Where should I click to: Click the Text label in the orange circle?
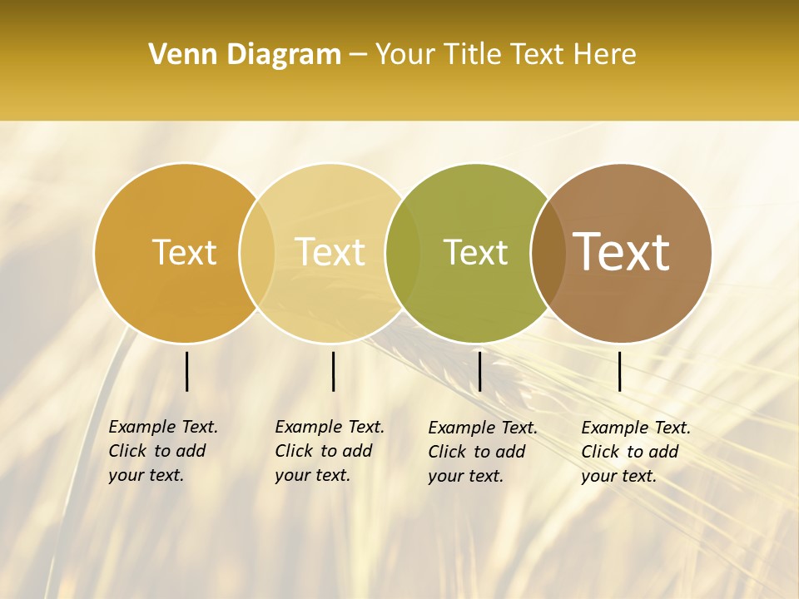coord(184,252)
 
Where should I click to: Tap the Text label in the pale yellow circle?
coord(330,252)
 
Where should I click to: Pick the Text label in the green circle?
coord(475,252)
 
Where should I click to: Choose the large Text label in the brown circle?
coord(622,251)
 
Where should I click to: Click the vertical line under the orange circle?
coord(186,371)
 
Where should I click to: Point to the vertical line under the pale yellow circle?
coord(333,371)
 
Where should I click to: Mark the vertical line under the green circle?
coord(479,371)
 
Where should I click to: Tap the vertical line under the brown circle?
coord(619,371)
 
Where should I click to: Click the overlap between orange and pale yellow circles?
coord(257,252)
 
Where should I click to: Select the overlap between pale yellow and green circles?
coord(403,252)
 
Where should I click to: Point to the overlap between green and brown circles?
coord(547,252)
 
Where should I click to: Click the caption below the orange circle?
coord(163,451)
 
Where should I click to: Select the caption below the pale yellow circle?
coord(330,451)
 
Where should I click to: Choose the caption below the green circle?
coord(483,452)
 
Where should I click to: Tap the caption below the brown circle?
coord(636,452)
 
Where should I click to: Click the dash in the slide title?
coord(358,55)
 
